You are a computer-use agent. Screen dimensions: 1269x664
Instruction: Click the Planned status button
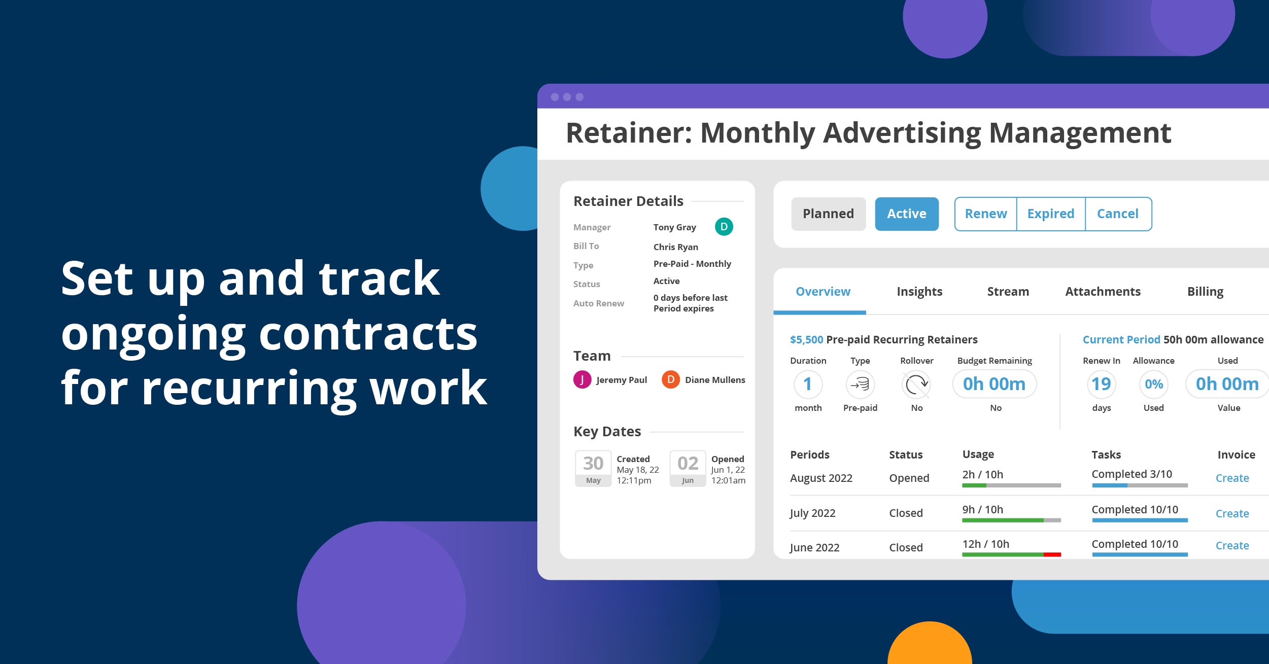828,214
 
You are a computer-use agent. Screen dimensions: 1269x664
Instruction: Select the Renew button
985,214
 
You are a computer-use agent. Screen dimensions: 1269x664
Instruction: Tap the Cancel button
1118,214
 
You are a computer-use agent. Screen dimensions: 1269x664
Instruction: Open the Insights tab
919,292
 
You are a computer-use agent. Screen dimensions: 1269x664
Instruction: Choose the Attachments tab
1103,292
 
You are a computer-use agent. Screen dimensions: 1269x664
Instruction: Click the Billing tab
1205,292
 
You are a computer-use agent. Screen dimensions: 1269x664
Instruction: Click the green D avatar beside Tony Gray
724,227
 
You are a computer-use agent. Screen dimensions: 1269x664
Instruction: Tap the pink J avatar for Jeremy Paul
582,379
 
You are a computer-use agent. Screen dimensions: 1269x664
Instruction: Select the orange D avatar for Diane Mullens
671,379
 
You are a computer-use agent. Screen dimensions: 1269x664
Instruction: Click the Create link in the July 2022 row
1232,513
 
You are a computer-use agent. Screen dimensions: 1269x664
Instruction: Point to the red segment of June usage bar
1052,554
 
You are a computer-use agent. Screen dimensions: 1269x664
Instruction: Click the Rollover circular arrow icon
916,384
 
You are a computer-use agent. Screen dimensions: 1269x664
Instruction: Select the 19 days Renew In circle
1102,384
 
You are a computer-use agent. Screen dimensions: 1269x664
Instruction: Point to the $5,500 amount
806,340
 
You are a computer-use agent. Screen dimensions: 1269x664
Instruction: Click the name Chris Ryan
676,247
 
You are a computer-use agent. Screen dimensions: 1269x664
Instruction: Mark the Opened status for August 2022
909,478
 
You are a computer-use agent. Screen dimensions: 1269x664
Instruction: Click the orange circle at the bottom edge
930,643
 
